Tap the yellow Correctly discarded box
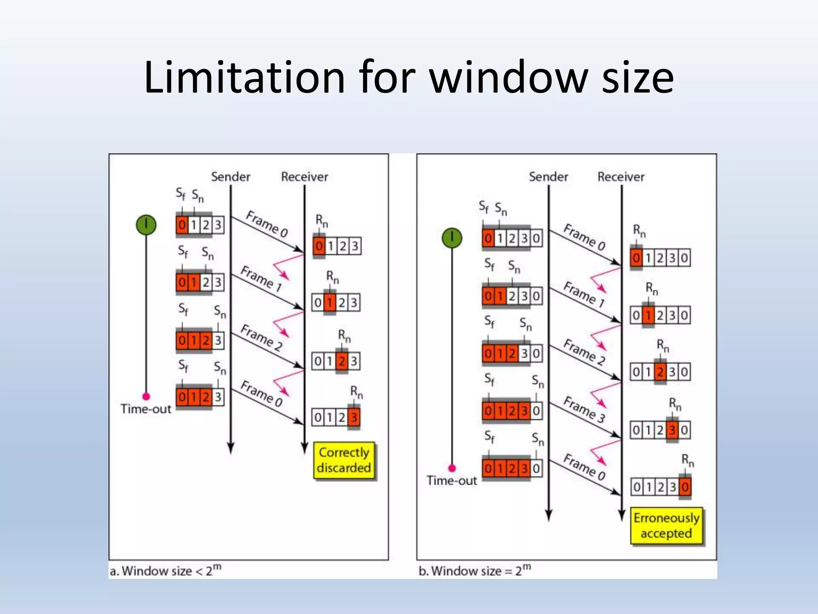pos(343,460)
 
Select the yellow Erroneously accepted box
pos(666,526)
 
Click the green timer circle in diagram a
pos(146,225)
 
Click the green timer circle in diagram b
pos(452,238)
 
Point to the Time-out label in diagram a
pos(146,409)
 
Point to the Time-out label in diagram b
pos(451,480)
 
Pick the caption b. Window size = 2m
pos(475,570)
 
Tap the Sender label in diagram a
pos(230,177)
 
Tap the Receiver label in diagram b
pos(621,177)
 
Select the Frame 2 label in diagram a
pos(262,337)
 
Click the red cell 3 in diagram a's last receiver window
pos(353,418)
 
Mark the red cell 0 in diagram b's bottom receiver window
pos(685,487)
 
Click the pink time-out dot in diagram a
pos(146,396)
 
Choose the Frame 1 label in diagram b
pos(584,294)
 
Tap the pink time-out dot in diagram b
pos(452,468)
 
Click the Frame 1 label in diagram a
pos(262,278)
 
